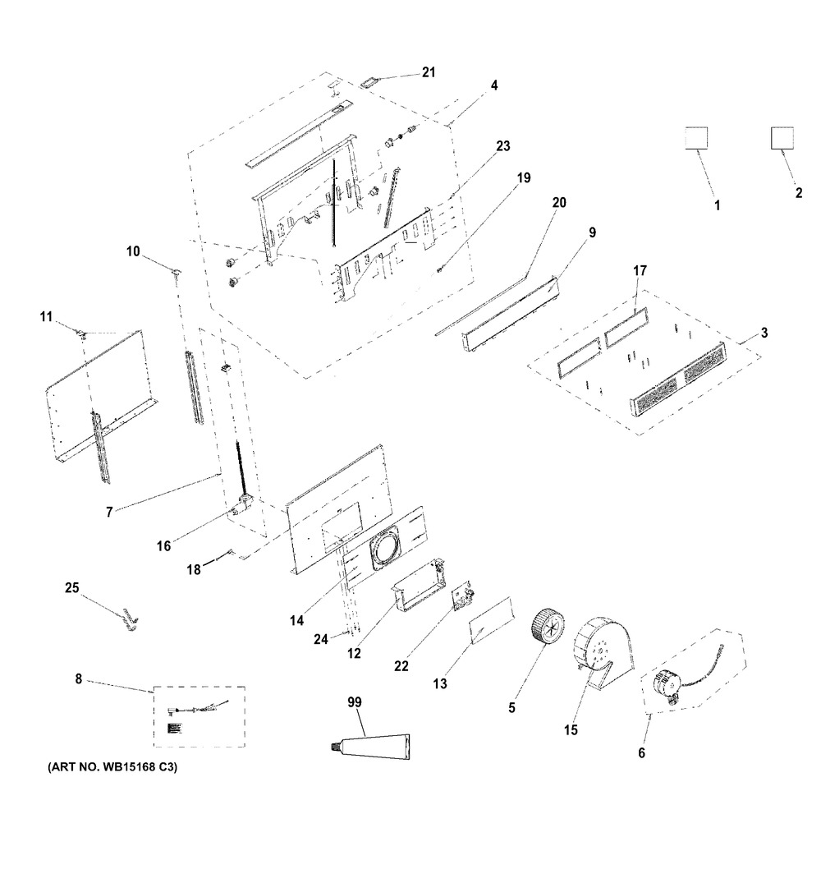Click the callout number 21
428,72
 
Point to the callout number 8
78,679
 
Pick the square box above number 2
782,138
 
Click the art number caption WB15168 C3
108,768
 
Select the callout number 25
72,587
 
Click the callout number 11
46,315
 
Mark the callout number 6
642,752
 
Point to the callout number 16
164,545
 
